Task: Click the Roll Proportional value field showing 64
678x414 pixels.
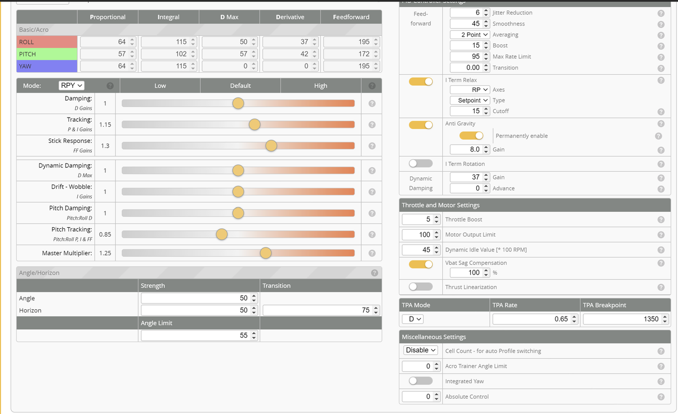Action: tap(108, 42)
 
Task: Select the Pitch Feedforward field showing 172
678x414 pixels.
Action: tap(351, 54)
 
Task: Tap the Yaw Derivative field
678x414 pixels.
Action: tap(290, 66)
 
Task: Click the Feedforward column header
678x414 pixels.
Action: tap(351, 17)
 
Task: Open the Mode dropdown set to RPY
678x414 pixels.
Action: tap(72, 86)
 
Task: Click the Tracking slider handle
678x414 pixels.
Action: tap(255, 125)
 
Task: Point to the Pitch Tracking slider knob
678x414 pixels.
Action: tap(222, 235)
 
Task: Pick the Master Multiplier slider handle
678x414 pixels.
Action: tap(266, 253)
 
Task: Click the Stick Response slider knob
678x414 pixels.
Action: tap(271, 146)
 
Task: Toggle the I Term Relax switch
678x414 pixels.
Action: tap(421, 82)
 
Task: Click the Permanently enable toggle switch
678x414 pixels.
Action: tap(471, 136)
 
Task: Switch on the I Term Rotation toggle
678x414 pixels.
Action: tap(421, 164)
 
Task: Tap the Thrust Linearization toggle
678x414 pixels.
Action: tap(421, 286)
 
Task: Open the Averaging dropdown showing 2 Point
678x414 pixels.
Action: tap(470, 35)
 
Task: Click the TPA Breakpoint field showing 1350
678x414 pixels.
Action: tap(626, 319)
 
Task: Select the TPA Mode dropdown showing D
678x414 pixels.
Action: tap(413, 319)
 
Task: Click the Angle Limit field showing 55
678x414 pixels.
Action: tap(199, 335)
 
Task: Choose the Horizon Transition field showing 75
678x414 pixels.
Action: tap(321, 310)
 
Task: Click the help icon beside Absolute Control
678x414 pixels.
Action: tap(661, 397)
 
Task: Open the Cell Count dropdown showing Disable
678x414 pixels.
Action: tap(421, 350)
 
